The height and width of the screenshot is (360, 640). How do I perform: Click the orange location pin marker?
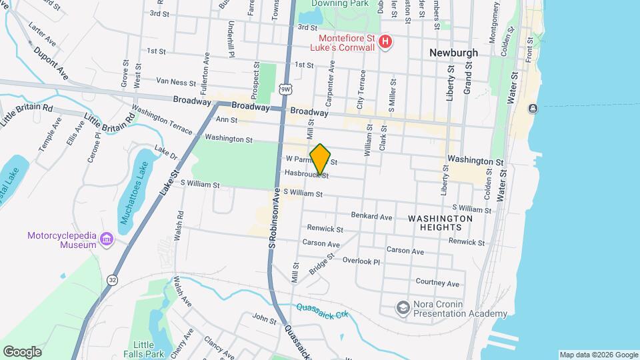pos(320,159)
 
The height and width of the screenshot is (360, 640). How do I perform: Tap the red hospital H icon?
pos(384,43)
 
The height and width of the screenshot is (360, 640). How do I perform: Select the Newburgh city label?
pos(454,51)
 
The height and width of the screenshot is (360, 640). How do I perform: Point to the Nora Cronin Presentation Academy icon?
pos(403,307)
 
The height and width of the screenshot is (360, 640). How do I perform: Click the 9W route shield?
pos(285,89)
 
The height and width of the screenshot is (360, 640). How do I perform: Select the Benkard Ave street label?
pos(371,216)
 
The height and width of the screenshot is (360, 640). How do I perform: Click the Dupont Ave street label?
pos(51,59)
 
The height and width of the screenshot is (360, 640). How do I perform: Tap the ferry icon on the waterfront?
pos(533,108)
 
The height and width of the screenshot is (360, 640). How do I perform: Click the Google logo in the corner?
pos(22,351)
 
